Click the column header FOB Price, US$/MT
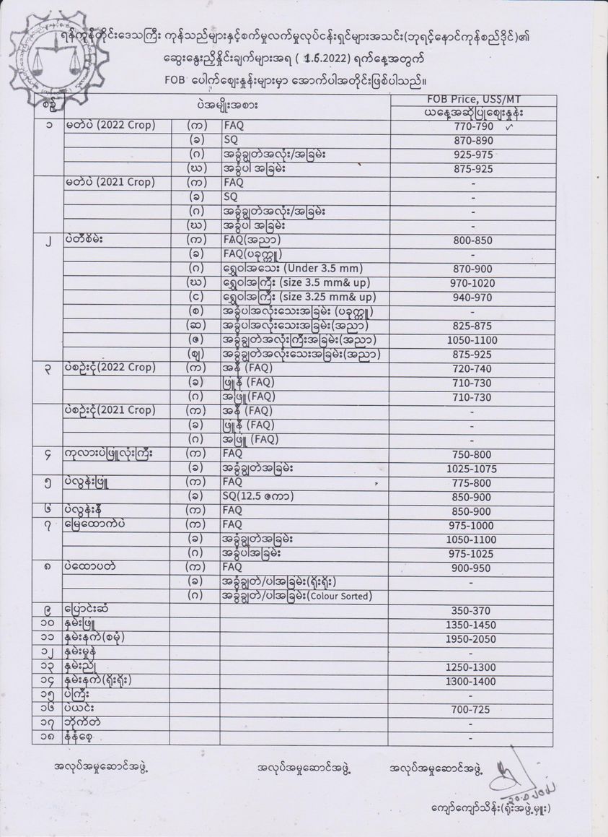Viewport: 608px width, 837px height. (472, 100)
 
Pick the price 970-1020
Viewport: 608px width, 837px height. (472, 283)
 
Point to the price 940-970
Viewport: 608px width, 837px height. (472, 297)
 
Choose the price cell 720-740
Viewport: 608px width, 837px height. (472, 368)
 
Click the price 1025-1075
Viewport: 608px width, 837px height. (472, 468)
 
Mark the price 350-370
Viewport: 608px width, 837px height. (472, 610)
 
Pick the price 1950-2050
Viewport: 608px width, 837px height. (472, 639)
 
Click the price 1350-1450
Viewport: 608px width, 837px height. (472, 625)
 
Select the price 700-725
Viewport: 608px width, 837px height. (472, 711)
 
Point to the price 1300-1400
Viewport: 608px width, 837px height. (472, 681)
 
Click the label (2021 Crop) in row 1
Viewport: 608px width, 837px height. (130, 183)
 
